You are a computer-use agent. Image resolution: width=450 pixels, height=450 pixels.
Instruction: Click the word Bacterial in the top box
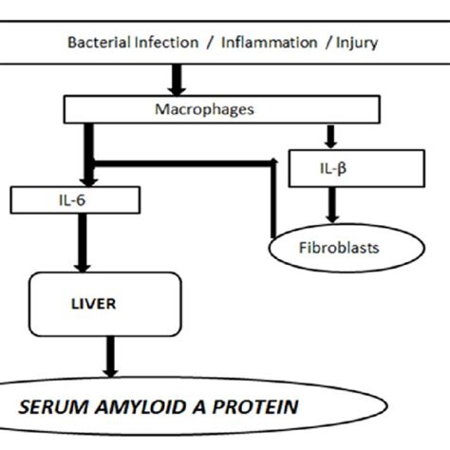click(x=96, y=42)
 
